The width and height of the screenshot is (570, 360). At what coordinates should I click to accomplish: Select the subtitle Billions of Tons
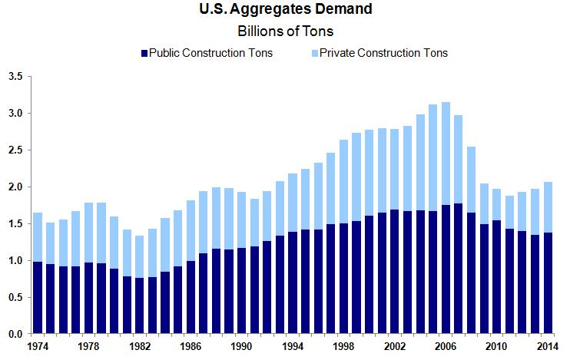(x=285, y=31)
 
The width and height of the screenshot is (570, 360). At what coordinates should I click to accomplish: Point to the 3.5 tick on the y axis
(x=15, y=77)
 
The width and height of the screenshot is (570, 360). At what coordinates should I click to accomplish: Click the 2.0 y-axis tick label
(x=15, y=187)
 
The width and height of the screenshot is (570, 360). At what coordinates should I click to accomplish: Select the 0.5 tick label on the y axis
(x=15, y=298)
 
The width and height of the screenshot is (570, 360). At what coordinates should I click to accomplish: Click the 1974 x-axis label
(x=37, y=348)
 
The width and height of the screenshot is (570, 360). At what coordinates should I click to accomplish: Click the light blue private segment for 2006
(x=445, y=154)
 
